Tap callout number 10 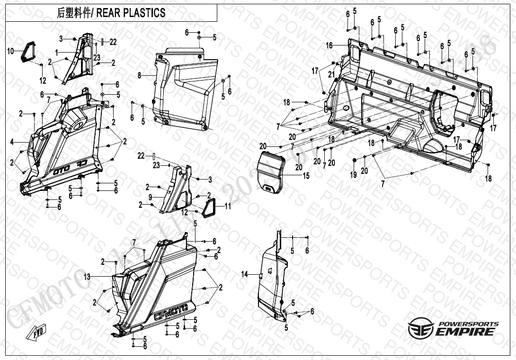[x=10, y=49]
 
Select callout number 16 [x=329, y=45]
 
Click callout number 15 [x=306, y=176]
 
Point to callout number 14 [x=244, y=274]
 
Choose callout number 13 [x=87, y=276]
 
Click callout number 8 [x=140, y=75]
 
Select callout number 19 [x=353, y=175]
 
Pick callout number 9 [x=150, y=197]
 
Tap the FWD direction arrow [x=38, y=332]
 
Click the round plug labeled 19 [x=354, y=163]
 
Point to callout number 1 [x=56, y=51]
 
